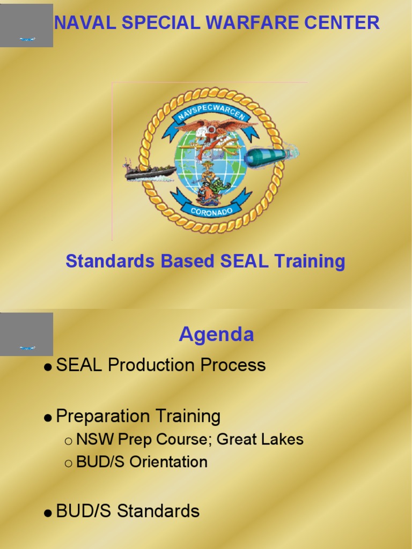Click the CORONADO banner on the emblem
click(211, 209)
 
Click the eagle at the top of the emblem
click(215, 128)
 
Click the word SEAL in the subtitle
click(244, 262)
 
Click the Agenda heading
click(216, 335)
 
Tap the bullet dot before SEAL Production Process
click(48, 367)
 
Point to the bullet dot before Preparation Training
click(48, 418)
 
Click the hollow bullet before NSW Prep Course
click(68, 441)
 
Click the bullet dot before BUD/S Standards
click(48, 513)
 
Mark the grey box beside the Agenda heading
click(26, 334)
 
